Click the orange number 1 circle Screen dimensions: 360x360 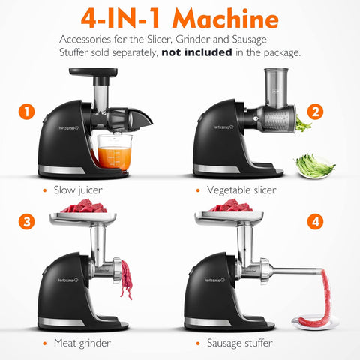tap(27, 113)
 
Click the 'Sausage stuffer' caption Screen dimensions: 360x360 tap(241, 343)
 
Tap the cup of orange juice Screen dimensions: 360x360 tap(112, 153)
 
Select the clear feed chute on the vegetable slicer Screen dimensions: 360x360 tap(273, 87)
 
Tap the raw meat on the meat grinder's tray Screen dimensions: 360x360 tap(80, 206)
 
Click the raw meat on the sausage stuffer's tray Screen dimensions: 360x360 tap(233, 206)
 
